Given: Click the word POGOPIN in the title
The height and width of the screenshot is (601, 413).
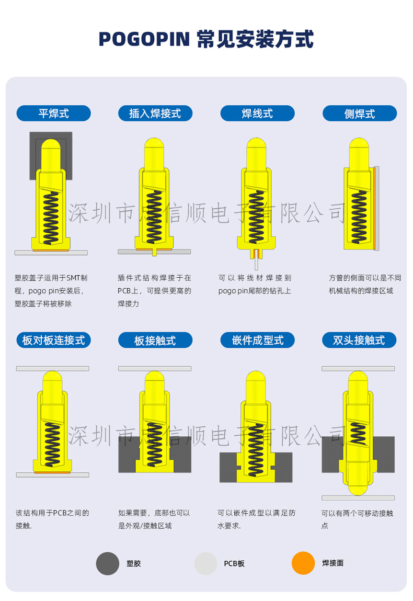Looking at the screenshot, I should pyautogui.click(x=145, y=39).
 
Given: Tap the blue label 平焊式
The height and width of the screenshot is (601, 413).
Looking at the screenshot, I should pyautogui.click(x=53, y=113).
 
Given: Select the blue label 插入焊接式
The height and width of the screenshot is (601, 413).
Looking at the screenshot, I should pyautogui.click(x=155, y=113).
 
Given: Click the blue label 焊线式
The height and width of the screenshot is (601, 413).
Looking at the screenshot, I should pyautogui.click(x=257, y=113).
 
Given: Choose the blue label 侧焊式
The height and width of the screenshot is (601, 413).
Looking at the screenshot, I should pyautogui.click(x=359, y=113).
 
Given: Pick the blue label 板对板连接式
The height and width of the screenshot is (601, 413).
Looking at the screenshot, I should pyautogui.click(x=53, y=340).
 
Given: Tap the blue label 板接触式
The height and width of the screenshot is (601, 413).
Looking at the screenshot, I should pyautogui.click(x=155, y=340).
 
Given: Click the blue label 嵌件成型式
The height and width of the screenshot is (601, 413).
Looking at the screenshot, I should pyautogui.click(x=257, y=340).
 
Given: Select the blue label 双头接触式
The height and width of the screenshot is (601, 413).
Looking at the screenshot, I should pyautogui.click(x=359, y=340).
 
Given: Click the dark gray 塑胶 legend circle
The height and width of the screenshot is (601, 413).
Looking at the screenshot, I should pyautogui.click(x=108, y=563).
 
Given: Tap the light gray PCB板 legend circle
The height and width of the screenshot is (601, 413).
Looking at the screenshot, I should pyautogui.click(x=205, y=563).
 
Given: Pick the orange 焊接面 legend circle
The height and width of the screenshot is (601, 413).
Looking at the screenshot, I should pyautogui.click(x=303, y=563).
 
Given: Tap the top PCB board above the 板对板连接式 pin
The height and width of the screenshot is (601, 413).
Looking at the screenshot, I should pyautogui.click(x=52, y=368).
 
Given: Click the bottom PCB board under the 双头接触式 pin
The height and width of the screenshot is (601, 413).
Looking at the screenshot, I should pyautogui.click(x=358, y=497).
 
